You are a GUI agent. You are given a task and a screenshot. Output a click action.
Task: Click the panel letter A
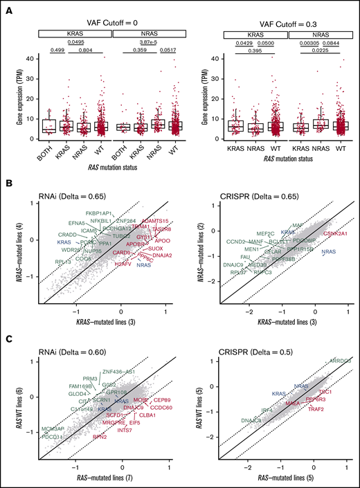pyautogui.click(x=6, y=6)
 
